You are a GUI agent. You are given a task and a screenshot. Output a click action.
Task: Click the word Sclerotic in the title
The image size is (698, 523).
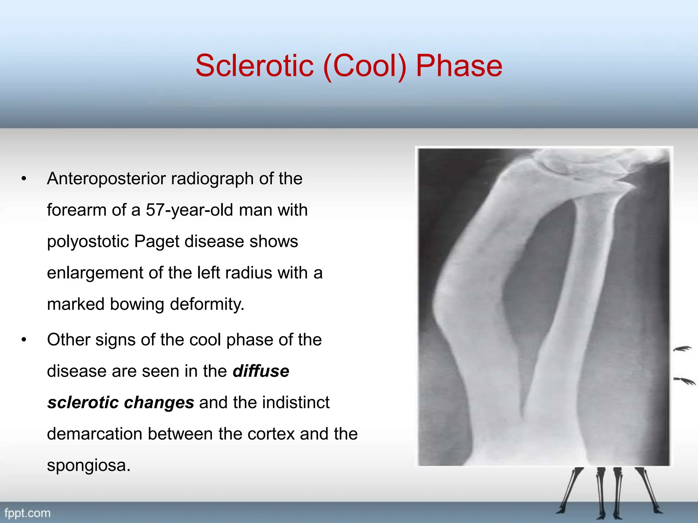(x=254, y=65)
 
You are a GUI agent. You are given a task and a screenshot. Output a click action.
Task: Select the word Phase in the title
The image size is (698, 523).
(x=459, y=65)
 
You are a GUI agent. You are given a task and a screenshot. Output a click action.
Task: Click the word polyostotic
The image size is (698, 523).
(x=88, y=242)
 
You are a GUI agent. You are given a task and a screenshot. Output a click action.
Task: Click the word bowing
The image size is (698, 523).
(x=137, y=304)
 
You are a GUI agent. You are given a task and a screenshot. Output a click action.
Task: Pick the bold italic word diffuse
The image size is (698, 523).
(x=261, y=371)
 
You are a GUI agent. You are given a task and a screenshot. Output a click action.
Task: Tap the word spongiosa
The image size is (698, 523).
(x=89, y=465)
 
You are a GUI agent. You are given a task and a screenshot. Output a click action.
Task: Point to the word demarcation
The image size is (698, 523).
(x=94, y=434)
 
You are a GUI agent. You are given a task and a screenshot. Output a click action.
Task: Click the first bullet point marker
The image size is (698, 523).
(x=24, y=179)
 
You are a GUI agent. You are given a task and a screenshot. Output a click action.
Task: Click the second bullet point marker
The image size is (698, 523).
(x=24, y=340)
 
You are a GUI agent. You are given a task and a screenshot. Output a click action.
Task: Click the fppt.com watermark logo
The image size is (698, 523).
(x=27, y=513)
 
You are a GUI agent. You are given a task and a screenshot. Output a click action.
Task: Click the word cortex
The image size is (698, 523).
(x=271, y=434)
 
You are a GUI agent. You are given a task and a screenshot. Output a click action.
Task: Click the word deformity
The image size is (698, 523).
(x=207, y=304)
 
